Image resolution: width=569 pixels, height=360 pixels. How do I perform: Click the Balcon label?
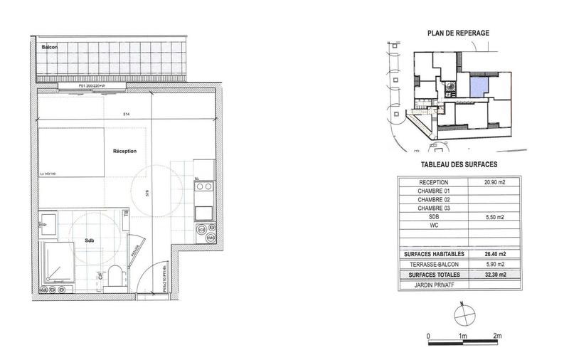(x=50, y=48)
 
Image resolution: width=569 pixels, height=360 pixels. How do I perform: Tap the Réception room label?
(x=124, y=151)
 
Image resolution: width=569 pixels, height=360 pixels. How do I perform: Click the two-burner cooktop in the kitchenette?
(x=203, y=189)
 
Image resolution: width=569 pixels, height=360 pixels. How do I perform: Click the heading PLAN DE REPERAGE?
(x=458, y=33)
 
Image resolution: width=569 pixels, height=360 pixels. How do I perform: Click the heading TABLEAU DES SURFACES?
(x=459, y=164)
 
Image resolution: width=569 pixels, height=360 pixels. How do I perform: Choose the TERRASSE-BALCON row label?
(x=433, y=264)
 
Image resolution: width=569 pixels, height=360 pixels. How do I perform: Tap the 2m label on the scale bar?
(x=497, y=335)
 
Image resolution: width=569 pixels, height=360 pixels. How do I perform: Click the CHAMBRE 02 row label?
(x=433, y=200)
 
